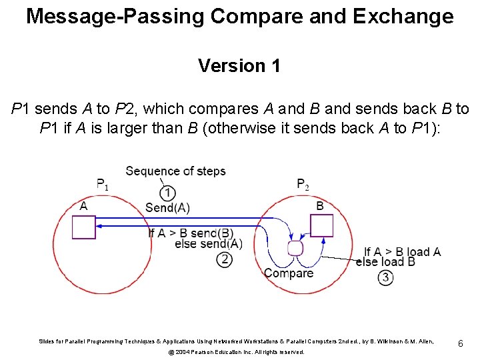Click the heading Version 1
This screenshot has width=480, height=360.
(x=239, y=66)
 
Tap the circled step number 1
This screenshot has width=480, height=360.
(x=168, y=193)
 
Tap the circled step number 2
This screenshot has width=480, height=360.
(x=225, y=259)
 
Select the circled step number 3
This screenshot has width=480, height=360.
(x=385, y=277)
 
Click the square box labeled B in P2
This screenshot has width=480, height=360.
(x=321, y=226)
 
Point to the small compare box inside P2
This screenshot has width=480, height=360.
(x=295, y=248)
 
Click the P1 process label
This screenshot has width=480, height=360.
(x=102, y=184)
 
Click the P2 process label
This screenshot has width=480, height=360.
(x=303, y=184)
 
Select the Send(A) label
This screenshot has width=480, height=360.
(x=167, y=207)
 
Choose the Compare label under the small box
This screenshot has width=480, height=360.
(x=289, y=273)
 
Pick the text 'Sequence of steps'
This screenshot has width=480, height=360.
(x=175, y=171)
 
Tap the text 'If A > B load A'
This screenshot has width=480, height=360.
(x=402, y=252)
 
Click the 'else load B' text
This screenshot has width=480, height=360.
(x=385, y=262)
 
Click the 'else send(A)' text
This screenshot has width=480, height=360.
(x=208, y=244)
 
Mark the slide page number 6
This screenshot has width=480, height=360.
(x=460, y=343)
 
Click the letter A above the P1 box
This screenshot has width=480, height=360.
(x=83, y=206)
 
